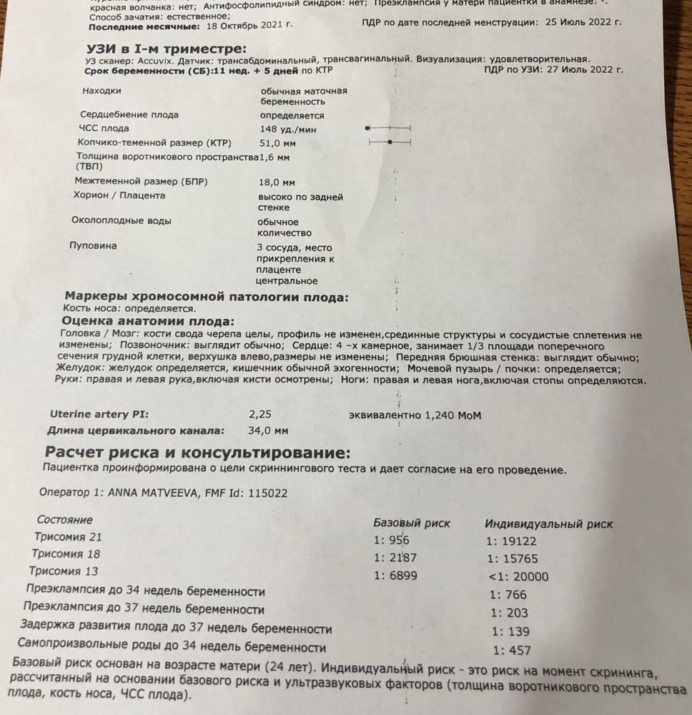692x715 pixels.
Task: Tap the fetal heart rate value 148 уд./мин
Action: coord(288,129)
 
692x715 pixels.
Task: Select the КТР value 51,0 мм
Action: coord(278,143)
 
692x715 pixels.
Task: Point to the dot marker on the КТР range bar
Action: coord(389,143)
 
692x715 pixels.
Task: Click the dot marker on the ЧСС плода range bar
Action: coord(367,127)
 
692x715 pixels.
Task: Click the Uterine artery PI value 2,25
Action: coord(261,414)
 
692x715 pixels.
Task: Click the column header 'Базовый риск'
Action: coord(412,523)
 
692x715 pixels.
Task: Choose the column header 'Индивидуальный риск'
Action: coord(548,524)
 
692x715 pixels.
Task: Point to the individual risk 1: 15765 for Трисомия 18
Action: coord(512,558)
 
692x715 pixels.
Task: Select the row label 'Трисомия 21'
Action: coord(67,537)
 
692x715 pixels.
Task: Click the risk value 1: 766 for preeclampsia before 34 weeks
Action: coord(508,595)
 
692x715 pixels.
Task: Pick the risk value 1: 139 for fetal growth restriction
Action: coord(510,631)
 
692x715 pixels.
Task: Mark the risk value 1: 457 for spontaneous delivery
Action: coord(511,651)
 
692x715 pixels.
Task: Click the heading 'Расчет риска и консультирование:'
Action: coord(198,453)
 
